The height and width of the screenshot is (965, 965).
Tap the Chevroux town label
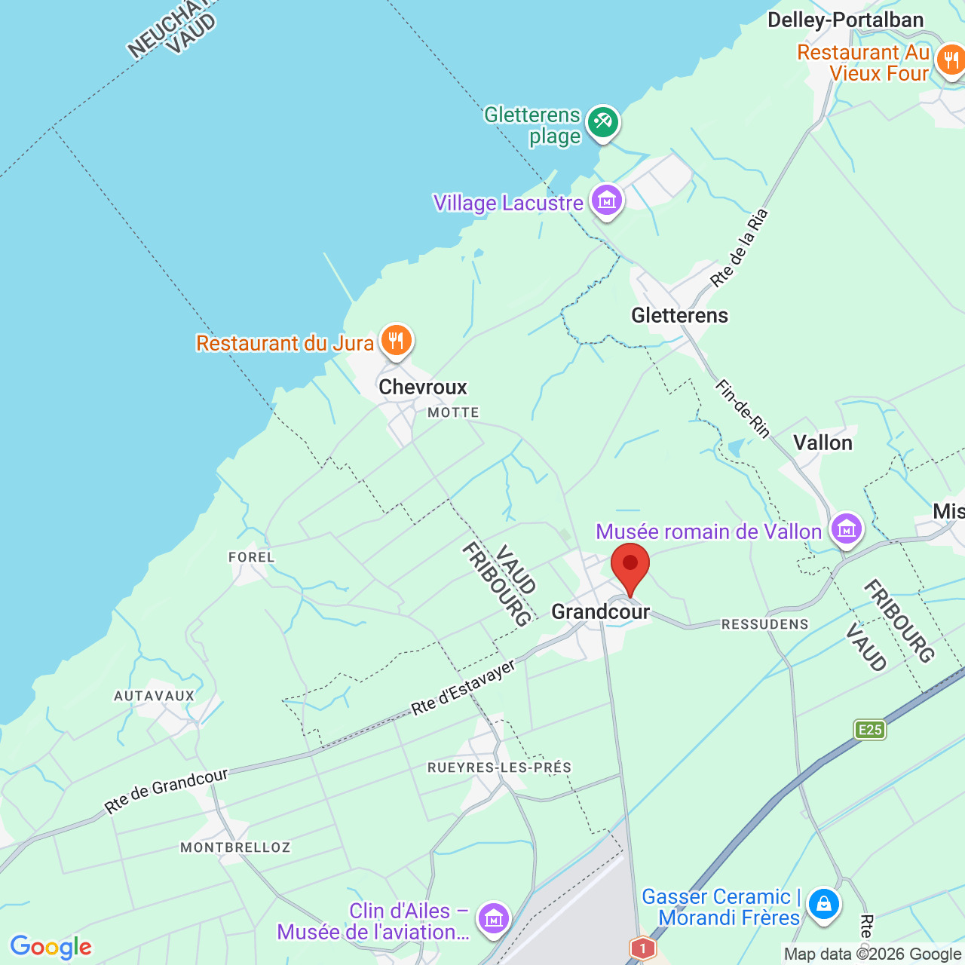(423, 387)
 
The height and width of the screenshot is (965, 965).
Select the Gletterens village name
(679, 315)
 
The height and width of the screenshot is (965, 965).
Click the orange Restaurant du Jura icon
(396, 341)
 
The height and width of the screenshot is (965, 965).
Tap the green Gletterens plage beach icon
(602, 121)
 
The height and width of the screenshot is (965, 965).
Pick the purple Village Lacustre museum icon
(607, 201)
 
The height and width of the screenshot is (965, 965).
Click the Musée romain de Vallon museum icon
(846, 529)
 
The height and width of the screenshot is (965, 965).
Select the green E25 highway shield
(870, 729)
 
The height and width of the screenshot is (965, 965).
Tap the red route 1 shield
(642, 947)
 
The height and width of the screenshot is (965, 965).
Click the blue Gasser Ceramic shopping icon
(823, 902)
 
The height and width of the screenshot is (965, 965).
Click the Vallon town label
(823, 443)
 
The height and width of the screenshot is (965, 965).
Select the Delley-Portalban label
(845, 20)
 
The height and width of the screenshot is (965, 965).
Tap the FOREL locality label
(252, 557)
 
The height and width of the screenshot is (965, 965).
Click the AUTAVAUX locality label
(155, 696)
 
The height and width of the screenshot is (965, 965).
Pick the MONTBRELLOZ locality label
(235, 847)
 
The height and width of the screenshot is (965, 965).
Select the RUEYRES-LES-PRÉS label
(499, 767)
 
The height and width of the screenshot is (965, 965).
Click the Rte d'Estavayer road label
(463, 688)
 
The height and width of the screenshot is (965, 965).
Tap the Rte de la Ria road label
(739, 249)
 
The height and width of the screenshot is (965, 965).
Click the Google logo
(51, 947)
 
